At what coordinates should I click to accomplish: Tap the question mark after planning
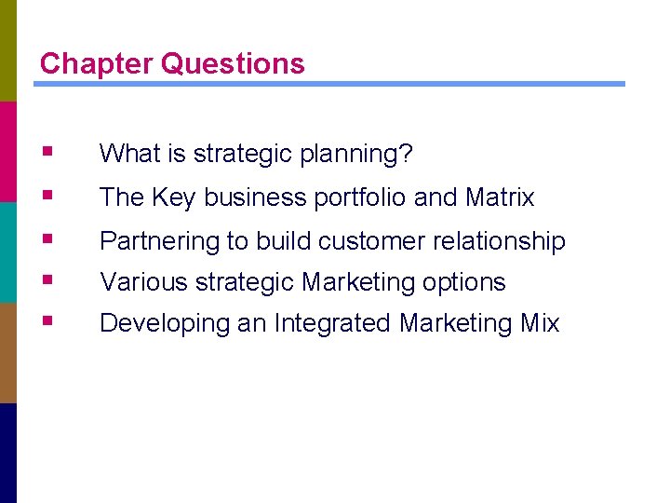406,153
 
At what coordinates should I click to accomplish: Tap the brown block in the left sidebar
8,352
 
